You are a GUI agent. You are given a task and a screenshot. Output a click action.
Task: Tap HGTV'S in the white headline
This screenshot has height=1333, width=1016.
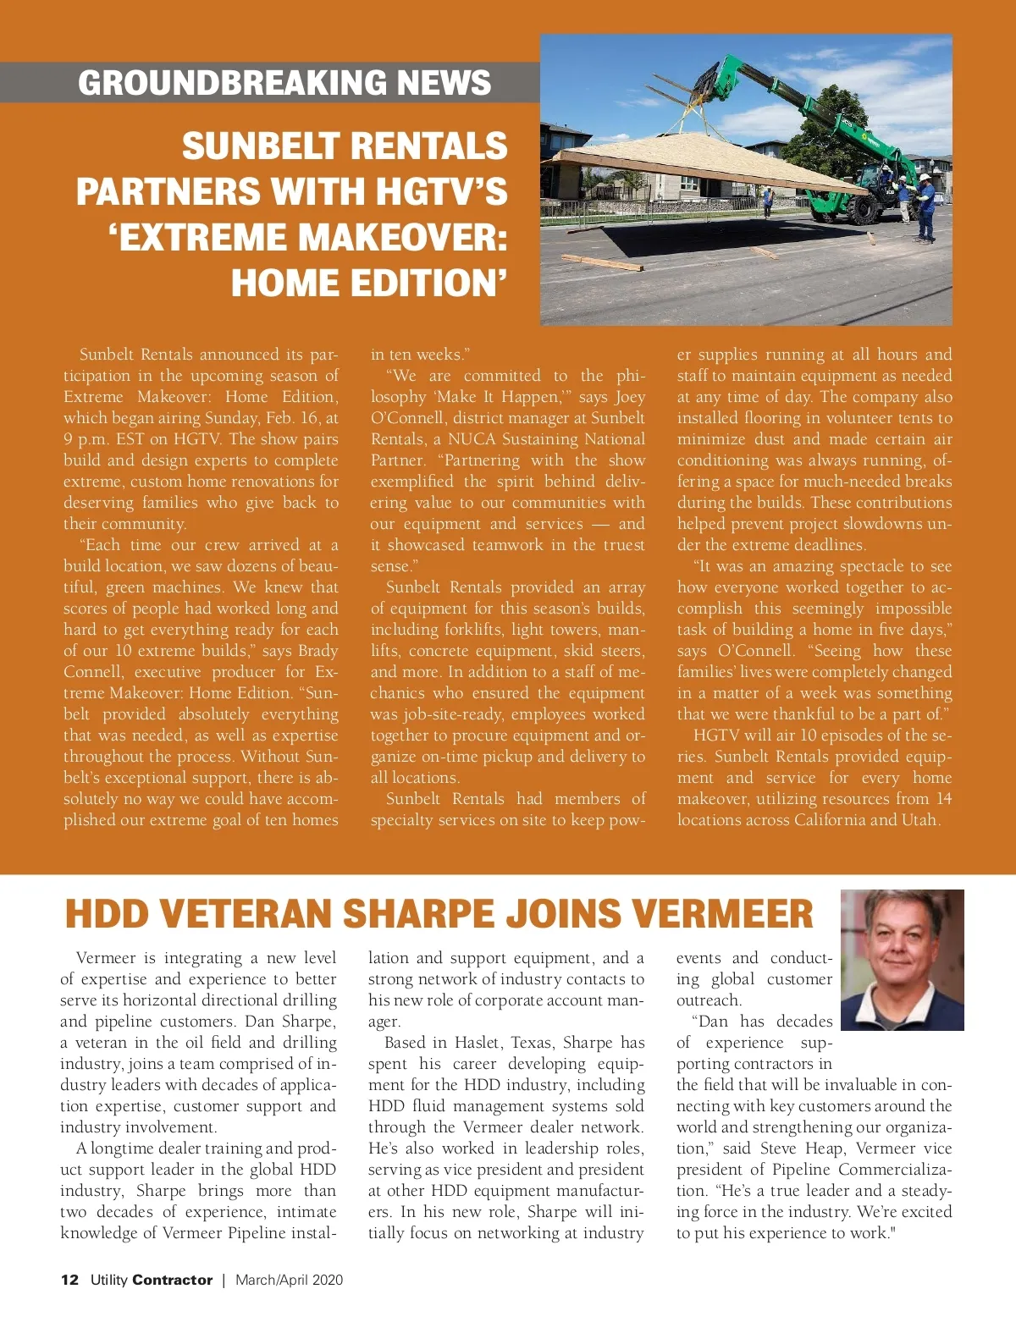click(x=441, y=191)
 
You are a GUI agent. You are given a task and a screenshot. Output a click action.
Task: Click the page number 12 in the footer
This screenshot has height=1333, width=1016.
click(x=69, y=1280)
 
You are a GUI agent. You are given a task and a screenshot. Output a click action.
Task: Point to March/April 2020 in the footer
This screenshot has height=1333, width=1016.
click(x=290, y=1280)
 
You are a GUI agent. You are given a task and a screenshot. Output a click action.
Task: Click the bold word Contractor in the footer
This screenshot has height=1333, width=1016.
click(x=173, y=1280)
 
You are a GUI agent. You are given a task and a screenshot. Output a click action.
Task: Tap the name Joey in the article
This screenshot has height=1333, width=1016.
click(x=630, y=397)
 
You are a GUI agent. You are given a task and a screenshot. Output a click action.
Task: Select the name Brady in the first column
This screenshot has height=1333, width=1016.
click(x=317, y=651)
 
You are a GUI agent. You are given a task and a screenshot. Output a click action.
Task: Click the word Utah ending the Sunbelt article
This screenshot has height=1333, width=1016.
click(x=919, y=820)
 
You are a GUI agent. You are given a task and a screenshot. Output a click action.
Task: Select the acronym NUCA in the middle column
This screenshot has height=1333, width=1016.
click(x=472, y=439)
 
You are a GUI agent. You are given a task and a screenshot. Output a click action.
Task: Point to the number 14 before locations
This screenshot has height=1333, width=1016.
click(x=943, y=799)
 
